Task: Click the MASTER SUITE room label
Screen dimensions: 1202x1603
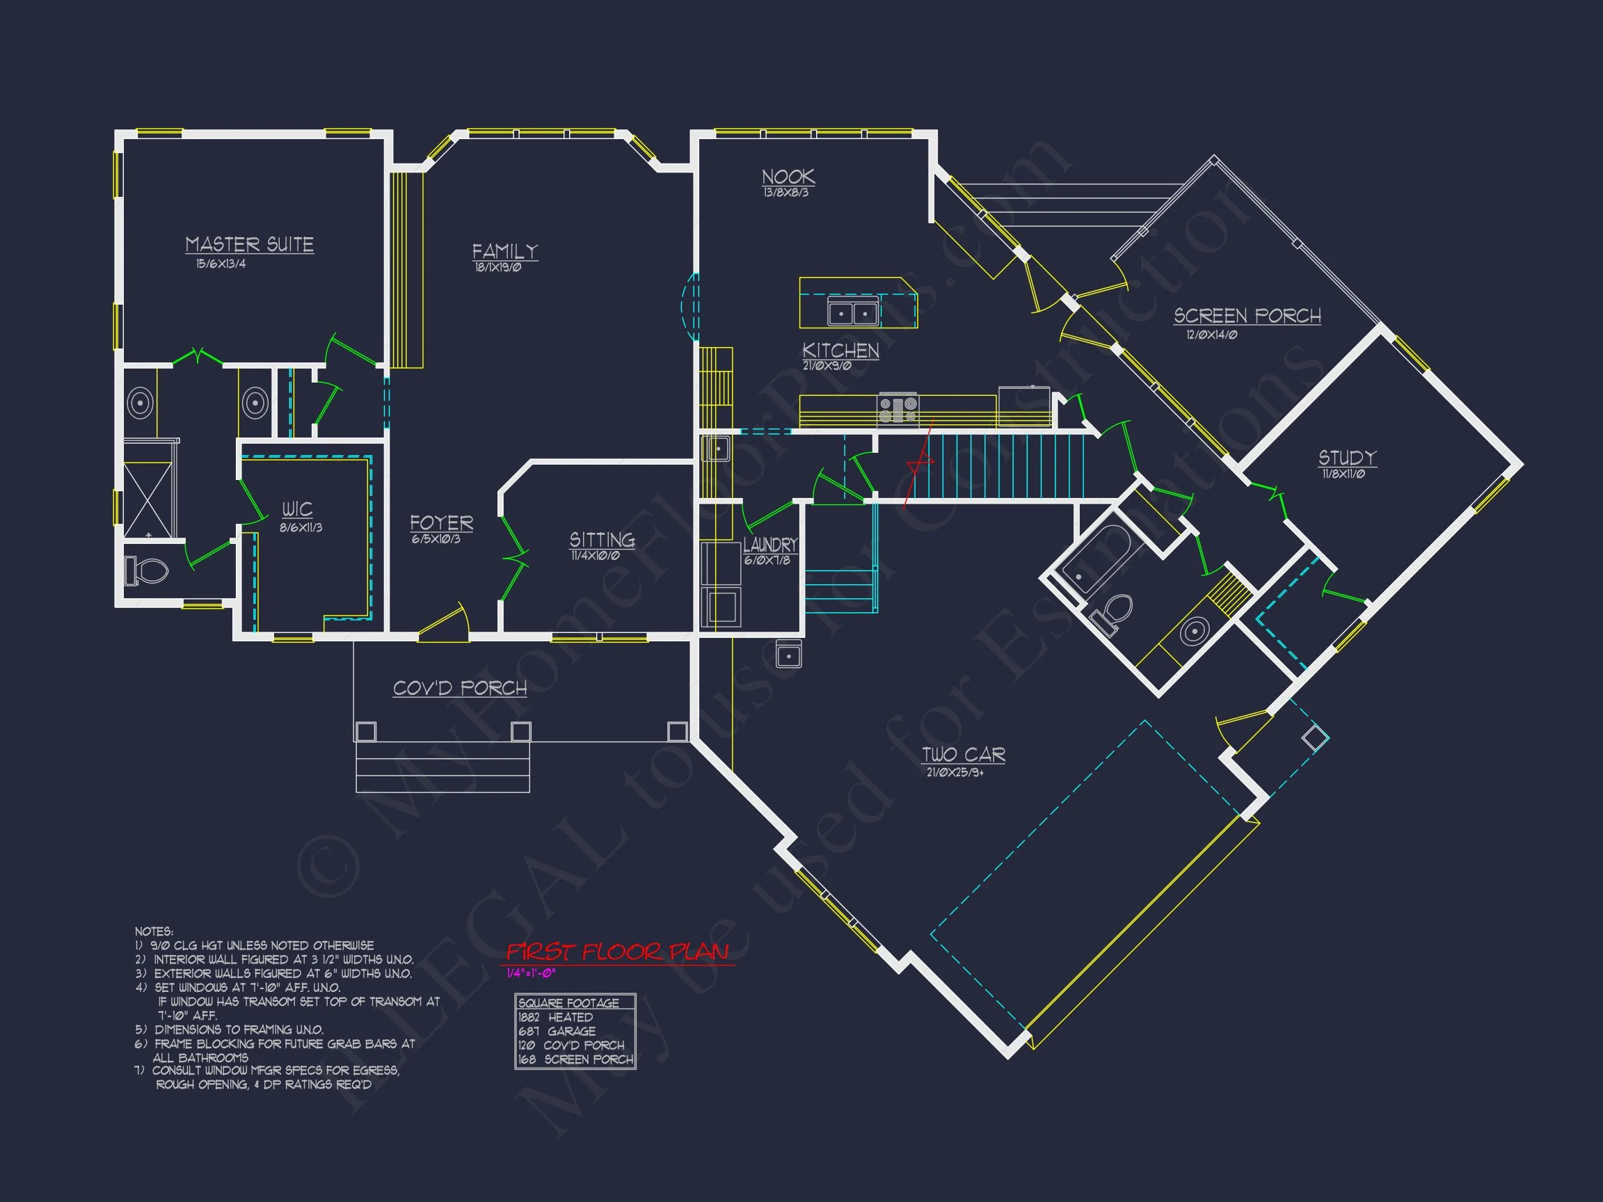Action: pyautogui.click(x=249, y=245)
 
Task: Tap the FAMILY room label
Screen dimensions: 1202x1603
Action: pyautogui.click(x=505, y=251)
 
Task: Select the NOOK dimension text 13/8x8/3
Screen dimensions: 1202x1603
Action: pyautogui.click(x=785, y=193)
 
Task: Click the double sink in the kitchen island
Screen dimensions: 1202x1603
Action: pyautogui.click(x=853, y=313)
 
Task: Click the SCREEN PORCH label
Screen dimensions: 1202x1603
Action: pyautogui.click(x=1247, y=316)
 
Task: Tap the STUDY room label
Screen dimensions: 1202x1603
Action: pyautogui.click(x=1346, y=458)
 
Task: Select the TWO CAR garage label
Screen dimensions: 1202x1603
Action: pyautogui.click(x=963, y=755)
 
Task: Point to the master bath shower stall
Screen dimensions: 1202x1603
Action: pyautogui.click(x=149, y=500)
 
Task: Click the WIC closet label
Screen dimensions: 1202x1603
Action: pyautogui.click(x=297, y=509)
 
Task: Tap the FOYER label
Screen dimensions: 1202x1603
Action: pyautogui.click(x=441, y=523)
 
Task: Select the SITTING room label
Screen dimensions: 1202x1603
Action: pyautogui.click(x=602, y=540)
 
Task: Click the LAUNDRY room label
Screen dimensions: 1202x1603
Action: pyautogui.click(x=769, y=545)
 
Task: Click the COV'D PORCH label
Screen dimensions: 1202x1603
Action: pyautogui.click(x=459, y=689)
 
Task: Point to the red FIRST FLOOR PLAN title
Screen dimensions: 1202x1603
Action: pyautogui.click(x=617, y=952)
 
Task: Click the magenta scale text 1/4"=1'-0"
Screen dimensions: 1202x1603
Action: pyautogui.click(x=530, y=973)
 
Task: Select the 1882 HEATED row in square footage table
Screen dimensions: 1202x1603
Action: pyautogui.click(x=556, y=1017)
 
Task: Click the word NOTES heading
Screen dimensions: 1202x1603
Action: pyautogui.click(x=154, y=931)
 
